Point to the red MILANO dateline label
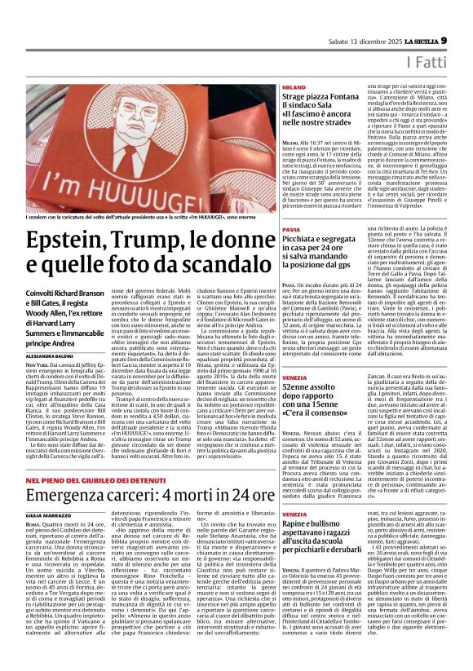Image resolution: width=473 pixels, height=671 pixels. pos(294,86)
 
